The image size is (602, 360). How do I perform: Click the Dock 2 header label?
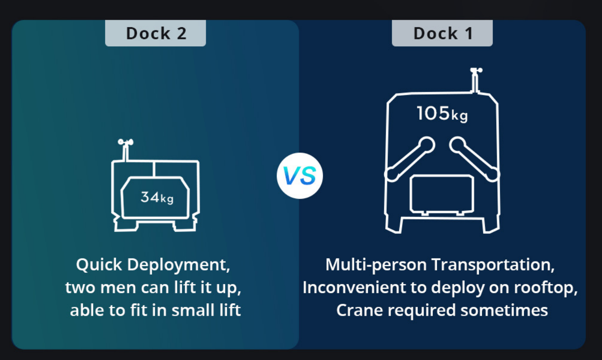click(156, 33)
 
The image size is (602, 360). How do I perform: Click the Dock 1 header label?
click(442, 33)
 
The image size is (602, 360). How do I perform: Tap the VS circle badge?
click(300, 176)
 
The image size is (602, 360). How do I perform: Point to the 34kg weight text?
click(157, 197)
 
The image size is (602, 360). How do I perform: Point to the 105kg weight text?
click(442, 113)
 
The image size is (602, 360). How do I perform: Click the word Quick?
click(99, 265)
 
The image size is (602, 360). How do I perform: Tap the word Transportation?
click(493, 265)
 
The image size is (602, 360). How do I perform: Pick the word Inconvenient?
click(354, 287)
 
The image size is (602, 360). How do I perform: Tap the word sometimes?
click(504, 310)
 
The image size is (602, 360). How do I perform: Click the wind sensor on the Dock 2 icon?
click(126, 149)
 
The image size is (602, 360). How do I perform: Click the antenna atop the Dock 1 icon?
click(476, 80)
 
